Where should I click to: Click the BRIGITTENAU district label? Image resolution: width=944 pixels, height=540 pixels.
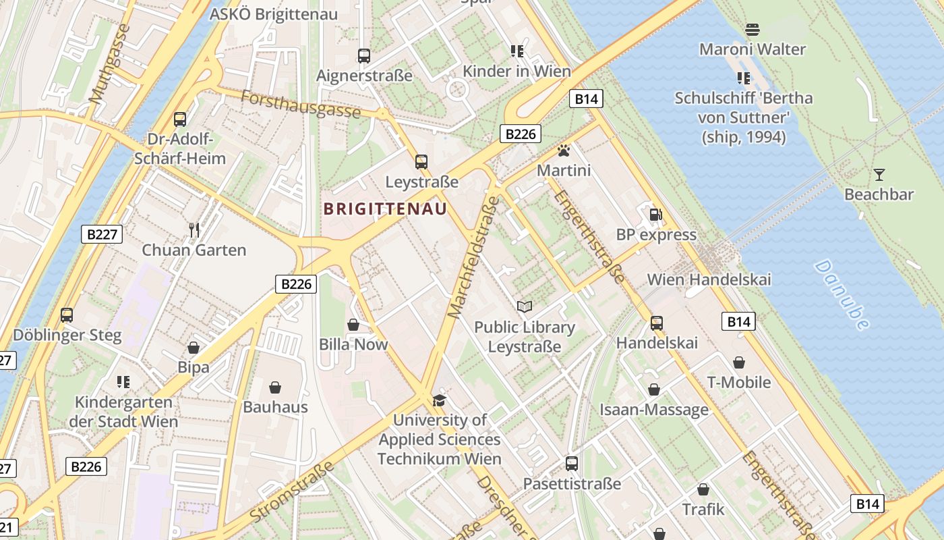pyautogui.click(x=385, y=209)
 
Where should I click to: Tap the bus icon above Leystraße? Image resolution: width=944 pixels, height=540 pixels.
pyautogui.click(x=421, y=162)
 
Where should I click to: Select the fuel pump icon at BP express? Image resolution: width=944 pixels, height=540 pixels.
pyautogui.click(x=655, y=215)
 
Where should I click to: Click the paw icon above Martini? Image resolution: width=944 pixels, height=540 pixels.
pyautogui.click(x=564, y=150)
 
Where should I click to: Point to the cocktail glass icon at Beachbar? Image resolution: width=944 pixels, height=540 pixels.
pyautogui.click(x=879, y=175)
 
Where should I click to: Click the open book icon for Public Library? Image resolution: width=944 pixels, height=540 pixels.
pyautogui.click(x=524, y=307)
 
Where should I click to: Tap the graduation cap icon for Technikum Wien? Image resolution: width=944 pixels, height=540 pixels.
pyautogui.click(x=439, y=400)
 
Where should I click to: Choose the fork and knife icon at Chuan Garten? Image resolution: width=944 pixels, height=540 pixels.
pyautogui.click(x=194, y=230)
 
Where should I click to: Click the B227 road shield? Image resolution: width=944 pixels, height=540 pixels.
pyautogui.click(x=103, y=235)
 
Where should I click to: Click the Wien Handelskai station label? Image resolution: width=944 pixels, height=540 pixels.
pyautogui.click(x=709, y=279)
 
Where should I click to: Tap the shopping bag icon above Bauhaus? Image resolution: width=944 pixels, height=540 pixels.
pyautogui.click(x=275, y=387)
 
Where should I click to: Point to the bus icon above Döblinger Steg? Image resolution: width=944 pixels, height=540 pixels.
pyautogui.click(x=67, y=315)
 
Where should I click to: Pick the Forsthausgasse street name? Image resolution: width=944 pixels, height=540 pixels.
pyautogui.click(x=300, y=104)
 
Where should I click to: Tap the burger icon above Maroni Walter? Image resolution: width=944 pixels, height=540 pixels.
pyautogui.click(x=753, y=30)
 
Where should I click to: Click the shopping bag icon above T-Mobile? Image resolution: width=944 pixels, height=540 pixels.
pyautogui.click(x=739, y=363)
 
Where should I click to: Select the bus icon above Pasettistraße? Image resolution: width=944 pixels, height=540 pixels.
pyautogui.click(x=572, y=464)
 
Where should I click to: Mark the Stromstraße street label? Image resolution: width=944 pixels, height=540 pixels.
pyautogui.click(x=291, y=491)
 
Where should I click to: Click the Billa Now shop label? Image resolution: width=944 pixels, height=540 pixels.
pyautogui.click(x=353, y=344)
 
